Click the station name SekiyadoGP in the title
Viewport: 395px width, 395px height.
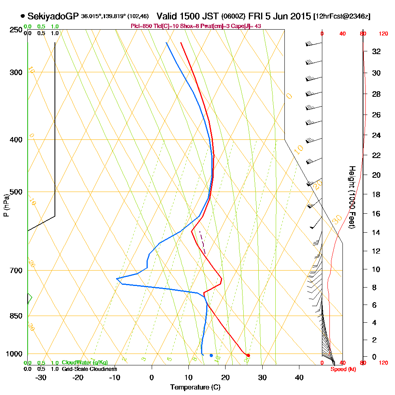click(53, 16)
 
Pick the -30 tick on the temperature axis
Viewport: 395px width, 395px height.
click(41, 377)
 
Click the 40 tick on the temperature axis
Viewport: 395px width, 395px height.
click(299, 377)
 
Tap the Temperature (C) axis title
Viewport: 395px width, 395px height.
click(195, 387)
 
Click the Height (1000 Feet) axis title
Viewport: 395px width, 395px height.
click(351, 197)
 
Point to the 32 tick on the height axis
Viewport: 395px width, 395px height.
click(376, 51)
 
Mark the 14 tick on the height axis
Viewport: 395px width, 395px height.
click(376, 232)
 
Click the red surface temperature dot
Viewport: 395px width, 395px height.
click(248, 355)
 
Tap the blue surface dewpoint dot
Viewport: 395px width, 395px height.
click(211, 355)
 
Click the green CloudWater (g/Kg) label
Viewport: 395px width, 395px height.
click(85, 363)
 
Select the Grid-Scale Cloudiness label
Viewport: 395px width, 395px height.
click(89, 369)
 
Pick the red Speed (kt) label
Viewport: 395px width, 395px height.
click(343, 369)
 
